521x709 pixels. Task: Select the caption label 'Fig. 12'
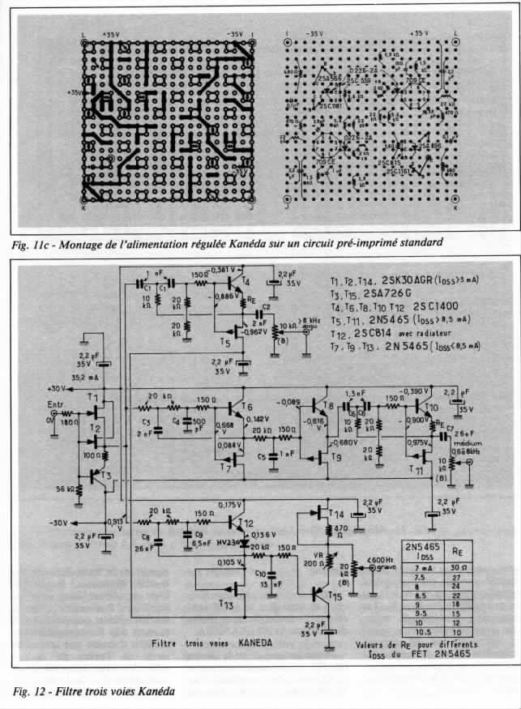(30, 691)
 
